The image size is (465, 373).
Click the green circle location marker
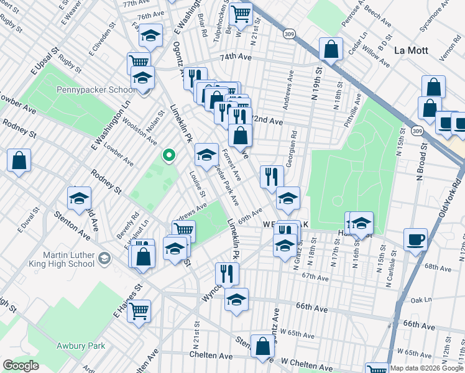[x=167, y=155]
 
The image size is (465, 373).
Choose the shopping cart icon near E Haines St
[x=139, y=310]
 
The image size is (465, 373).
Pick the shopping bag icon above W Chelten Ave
[x=263, y=346]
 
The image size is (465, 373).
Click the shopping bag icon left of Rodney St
[x=19, y=160]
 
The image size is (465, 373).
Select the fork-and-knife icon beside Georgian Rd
[x=270, y=177]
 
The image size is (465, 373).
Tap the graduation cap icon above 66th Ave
[x=236, y=300]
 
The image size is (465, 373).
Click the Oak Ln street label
[x=420, y=300]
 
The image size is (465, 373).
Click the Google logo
[x=21, y=366]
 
